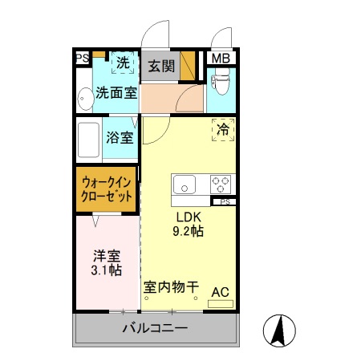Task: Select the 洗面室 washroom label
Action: [x=116, y=92]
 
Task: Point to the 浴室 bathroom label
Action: [x=120, y=136]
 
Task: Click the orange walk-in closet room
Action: [x=107, y=190]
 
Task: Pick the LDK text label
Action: [x=188, y=217]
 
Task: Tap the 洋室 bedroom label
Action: [x=107, y=257]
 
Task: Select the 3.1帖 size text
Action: [x=107, y=271]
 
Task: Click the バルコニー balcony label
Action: [x=155, y=329]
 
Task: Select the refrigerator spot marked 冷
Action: [x=223, y=128]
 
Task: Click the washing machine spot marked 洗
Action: [x=123, y=62]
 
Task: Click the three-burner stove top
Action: [x=221, y=185]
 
